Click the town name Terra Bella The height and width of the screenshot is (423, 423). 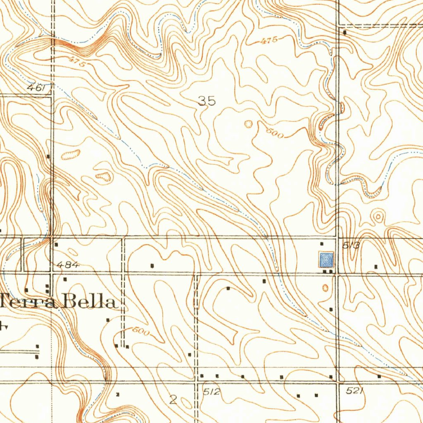[x=58, y=302]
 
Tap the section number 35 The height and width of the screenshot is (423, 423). [x=207, y=101]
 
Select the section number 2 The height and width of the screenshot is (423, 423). [x=173, y=399]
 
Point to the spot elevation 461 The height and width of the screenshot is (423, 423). [x=36, y=88]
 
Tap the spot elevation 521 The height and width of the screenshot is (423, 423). [x=354, y=391]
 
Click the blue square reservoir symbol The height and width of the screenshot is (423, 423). [x=326, y=260]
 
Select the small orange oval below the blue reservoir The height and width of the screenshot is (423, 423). [x=325, y=287]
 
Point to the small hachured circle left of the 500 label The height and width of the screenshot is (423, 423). [x=248, y=123]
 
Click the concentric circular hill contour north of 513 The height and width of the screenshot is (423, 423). [x=378, y=215]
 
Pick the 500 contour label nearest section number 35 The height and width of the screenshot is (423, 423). [x=274, y=133]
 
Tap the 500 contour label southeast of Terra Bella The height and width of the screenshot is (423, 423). [x=140, y=331]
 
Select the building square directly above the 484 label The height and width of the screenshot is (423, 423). [x=57, y=245]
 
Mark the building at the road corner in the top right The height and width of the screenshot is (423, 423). [x=345, y=31]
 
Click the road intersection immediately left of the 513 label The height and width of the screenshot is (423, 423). [x=337, y=238]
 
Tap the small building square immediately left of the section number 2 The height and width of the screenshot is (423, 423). [x=118, y=394]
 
